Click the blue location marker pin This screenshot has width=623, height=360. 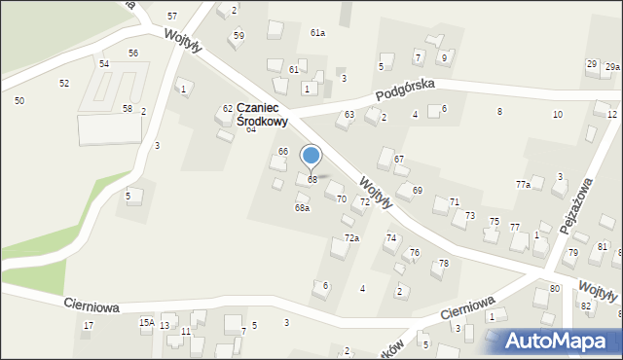(311, 156)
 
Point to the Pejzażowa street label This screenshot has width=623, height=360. (576, 207)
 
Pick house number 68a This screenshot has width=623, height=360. (302, 207)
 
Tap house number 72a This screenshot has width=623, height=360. (351, 238)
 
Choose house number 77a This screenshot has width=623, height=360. (523, 184)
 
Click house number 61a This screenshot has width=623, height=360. (317, 33)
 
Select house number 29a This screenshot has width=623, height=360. (612, 66)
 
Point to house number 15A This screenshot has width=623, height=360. (146, 322)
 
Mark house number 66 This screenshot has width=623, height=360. (283, 151)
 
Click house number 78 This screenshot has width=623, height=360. (444, 264)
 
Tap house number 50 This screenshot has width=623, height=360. (19, 100)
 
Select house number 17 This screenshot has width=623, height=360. (88, 325)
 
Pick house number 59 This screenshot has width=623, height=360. (238, 35)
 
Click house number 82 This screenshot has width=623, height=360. (586, 306)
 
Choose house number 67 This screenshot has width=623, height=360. (399, 159)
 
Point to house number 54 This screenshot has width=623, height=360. (104, 63)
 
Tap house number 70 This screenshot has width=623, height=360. (341, 199)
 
